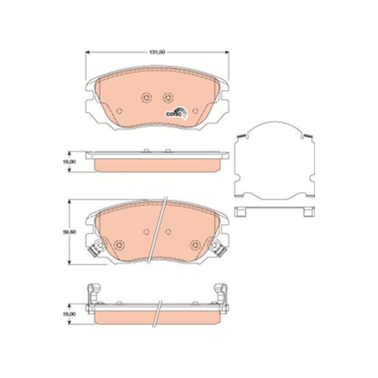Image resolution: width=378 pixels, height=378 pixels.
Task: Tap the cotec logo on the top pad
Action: pos(175,113)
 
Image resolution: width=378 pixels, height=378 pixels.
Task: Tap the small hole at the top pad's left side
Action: pos(118,109)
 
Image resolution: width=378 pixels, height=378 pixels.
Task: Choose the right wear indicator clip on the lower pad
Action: pos(220,250)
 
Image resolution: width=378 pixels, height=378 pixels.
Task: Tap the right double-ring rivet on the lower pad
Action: pos(195,245)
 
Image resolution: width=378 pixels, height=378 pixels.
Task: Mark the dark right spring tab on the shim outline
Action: pos(304,136)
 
